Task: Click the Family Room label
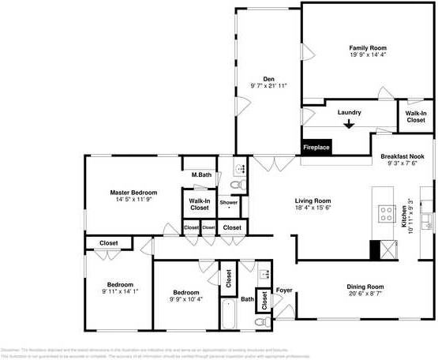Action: (369, 48)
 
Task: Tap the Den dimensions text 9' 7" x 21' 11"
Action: (268, 85)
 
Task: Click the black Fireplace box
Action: (317, 147)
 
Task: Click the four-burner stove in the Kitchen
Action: (387, 213)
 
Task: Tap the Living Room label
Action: (313, 201)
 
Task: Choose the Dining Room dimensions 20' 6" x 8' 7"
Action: (365, 293)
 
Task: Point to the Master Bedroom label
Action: (133, 193)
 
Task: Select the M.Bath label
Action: (200, 174)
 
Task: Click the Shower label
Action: (229, 203)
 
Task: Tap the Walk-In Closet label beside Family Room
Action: (416, 117)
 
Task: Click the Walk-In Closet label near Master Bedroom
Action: (199, 204)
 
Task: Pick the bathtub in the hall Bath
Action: (229, 314)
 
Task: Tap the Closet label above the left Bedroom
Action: (109, 243)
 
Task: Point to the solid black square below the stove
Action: (376, 249)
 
